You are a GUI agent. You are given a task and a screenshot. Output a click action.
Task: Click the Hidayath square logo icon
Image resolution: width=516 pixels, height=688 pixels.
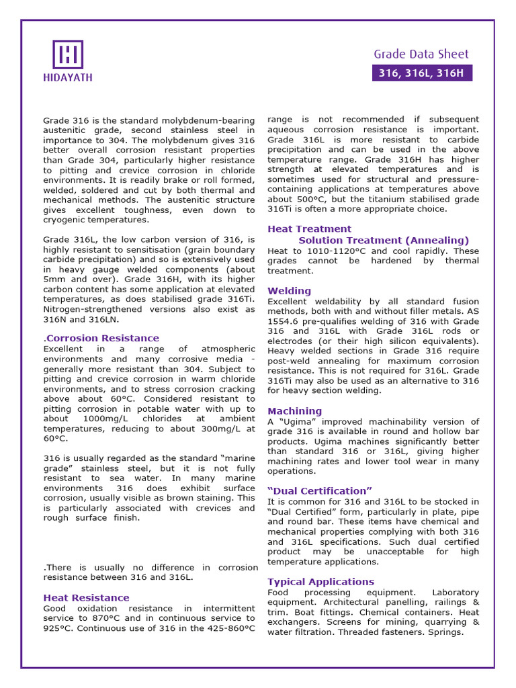pos(68,54)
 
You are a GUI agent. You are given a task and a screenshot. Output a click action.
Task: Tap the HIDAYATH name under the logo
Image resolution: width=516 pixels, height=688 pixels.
pos(68,77)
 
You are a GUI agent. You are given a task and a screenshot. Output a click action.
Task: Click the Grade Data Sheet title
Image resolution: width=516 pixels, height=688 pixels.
pos(421,54)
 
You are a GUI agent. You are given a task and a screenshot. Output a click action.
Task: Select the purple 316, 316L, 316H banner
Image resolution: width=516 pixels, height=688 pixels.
pos(421,73)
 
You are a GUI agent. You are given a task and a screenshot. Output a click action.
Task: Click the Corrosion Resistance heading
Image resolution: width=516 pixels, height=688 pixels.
pos(102,338)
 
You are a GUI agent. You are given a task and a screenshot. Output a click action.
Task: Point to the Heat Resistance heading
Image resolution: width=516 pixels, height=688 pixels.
pos(86,597)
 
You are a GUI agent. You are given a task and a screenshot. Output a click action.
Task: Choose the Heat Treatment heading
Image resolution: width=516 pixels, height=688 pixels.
pos(309,228)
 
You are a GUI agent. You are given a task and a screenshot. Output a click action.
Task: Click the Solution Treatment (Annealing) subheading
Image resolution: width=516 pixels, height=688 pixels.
pos(384,240)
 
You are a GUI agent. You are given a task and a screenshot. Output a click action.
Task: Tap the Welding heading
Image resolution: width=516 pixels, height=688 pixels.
pos(289,291)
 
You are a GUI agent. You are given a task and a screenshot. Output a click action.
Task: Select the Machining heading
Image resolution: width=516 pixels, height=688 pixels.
pos(294,411)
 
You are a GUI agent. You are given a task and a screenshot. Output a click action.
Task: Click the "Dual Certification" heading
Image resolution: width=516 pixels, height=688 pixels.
pos(320,490)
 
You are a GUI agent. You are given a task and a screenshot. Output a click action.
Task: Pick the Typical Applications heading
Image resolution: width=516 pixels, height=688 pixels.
pos(320,581)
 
